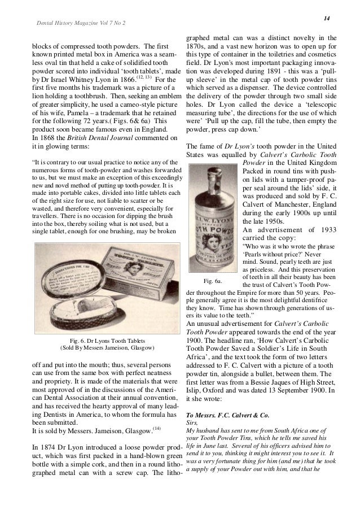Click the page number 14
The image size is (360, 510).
pyautogui.click(x=326, y=19)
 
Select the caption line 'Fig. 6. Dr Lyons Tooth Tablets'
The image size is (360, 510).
pyautogui.click(x=107, y=341)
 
